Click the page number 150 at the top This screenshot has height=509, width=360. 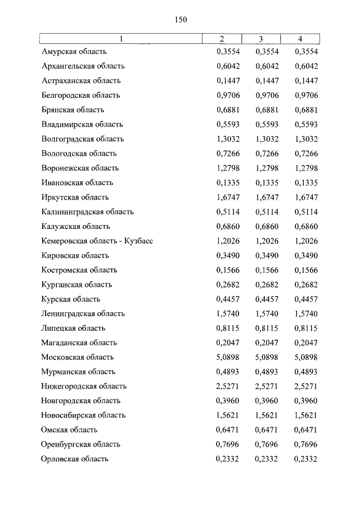click(180, 19)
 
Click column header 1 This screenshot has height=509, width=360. click(120, 39)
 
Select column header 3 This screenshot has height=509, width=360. click(261, 39)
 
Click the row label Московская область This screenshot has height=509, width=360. click(78, 357)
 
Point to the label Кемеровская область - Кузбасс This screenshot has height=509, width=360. click(97, 241)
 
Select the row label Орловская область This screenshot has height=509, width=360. click(75, 459)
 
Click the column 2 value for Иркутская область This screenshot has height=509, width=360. click(228, 197)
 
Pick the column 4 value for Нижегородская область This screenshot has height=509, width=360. click(306, 386)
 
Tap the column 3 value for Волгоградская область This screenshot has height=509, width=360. click(267, 139)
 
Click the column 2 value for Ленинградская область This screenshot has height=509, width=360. click(228, 314)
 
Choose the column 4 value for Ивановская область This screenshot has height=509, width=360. click(306, 183)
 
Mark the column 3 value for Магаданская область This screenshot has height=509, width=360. click(267, 343)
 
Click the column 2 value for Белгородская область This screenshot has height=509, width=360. click(228, 96)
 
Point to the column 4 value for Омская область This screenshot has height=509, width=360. click(306, 430)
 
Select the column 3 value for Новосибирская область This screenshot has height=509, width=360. click(267, 415)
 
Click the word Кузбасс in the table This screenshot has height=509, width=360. click(138, 241)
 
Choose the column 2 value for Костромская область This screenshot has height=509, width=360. click(228, 270)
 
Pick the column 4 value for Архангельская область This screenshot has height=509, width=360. click(306, 66)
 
